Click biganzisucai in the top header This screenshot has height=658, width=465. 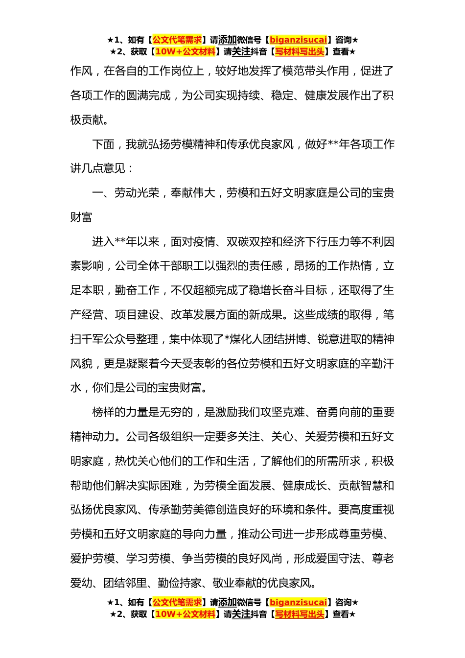pos(298,40)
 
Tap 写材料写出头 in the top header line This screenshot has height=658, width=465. pos(299,51)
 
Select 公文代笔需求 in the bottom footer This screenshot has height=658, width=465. pos(177,602)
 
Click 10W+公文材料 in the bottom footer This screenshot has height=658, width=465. pos(185,614)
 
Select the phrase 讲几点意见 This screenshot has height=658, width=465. pos(98,168)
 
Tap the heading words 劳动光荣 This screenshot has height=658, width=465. pos(137,193)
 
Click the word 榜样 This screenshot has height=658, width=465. pos(103,412)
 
